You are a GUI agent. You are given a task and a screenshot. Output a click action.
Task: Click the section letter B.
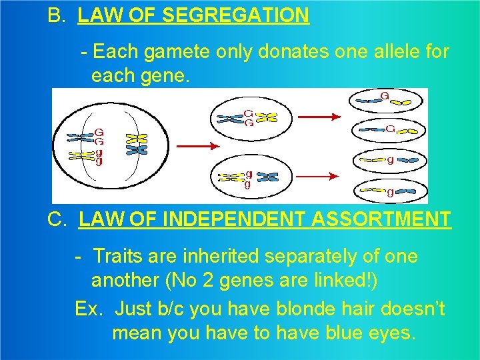[56, 15]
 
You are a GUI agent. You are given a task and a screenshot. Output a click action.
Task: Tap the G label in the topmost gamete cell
[385, 96]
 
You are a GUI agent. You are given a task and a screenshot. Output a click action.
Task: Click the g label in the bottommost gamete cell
[390, 193]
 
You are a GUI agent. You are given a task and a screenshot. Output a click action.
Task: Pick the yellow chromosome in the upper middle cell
[267, 118]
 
